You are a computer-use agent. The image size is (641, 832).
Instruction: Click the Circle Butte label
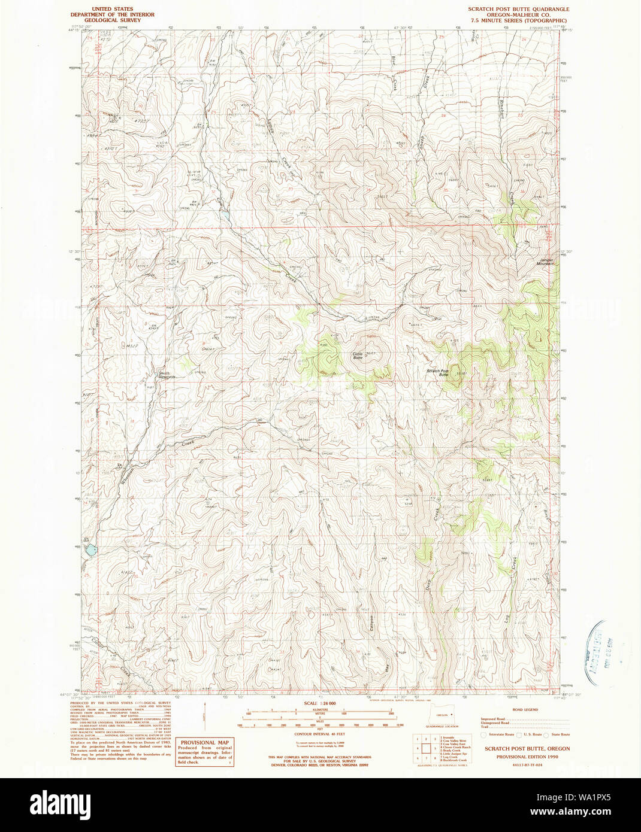(x=358, y=356)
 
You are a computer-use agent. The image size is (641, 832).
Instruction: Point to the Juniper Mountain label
(x=546, y=262)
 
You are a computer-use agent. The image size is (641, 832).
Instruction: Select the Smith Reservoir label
(x=166, y=375)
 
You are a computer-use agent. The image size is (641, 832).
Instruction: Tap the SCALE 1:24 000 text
(x=320, y=703)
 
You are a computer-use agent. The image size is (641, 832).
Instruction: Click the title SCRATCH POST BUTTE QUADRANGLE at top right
(x=518, y=10)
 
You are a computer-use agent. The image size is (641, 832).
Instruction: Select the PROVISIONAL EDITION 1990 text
(x=527, y=757)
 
